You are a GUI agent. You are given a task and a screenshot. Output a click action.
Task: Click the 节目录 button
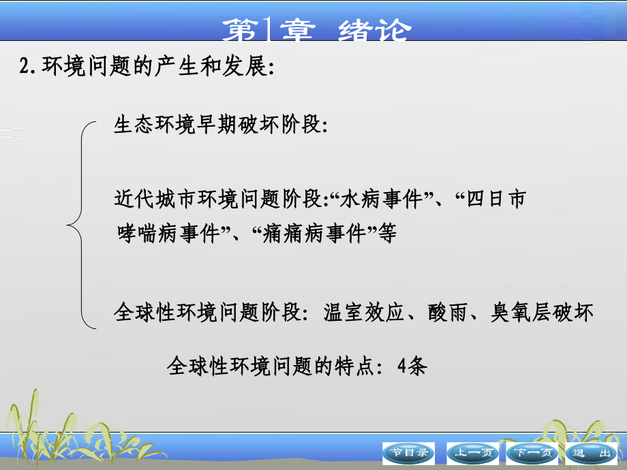pos(408,452)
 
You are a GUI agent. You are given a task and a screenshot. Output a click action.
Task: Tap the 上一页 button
pos(472,452)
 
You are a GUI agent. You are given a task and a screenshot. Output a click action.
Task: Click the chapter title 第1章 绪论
pos(317,31)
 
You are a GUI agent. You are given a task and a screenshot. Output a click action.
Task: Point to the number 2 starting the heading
pos(25,67)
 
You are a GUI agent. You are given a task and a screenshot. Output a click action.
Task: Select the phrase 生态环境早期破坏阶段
pos(217,127)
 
